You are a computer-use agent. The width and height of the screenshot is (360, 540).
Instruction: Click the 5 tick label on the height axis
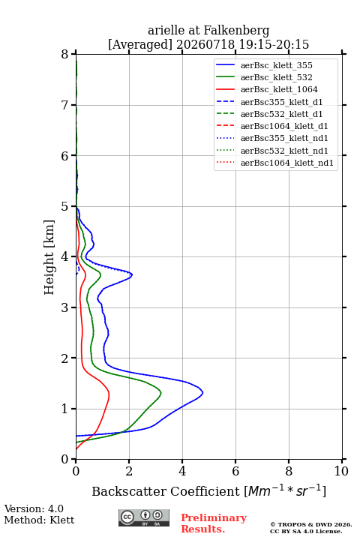point(65,206)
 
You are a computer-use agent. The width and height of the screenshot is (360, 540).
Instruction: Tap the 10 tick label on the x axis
point(341,471)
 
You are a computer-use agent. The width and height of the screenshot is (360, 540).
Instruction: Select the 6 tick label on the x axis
point(235,471)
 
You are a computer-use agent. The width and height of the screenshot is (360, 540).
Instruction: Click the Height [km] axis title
point(49,257)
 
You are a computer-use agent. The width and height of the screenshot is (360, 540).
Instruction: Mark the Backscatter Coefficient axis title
point(208,490)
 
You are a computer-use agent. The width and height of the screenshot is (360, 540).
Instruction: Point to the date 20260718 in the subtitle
point(205,45)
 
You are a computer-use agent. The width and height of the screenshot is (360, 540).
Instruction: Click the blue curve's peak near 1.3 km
point(202,392)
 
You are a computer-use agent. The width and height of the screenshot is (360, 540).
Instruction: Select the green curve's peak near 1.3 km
point(161,392)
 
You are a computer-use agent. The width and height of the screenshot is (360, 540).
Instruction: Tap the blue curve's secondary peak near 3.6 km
point(132,274)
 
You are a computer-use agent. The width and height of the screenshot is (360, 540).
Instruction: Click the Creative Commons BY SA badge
point(144,517)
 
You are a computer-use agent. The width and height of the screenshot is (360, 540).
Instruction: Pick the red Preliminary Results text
point(214,523)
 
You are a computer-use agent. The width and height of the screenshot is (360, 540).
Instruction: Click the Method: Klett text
point(39,520)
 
